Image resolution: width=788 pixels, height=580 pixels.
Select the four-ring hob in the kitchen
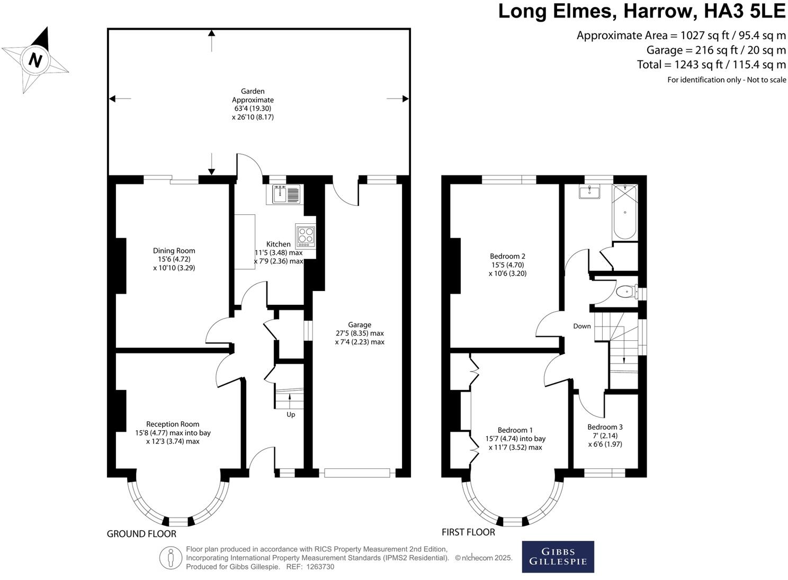click(x=306, y=235)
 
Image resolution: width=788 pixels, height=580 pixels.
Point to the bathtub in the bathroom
click(x=625, y=212)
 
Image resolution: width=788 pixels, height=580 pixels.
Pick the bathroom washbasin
click(x=589, y=192)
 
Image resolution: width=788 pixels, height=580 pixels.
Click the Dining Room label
click(x=174, y=251)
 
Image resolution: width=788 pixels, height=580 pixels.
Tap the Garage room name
click(x=360, y=325)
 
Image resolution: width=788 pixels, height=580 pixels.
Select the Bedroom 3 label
click(x=605, y=427)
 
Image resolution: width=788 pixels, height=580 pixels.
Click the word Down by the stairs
click(x=582, y=326)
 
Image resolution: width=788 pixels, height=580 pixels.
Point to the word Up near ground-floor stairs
click(x=291, y=415)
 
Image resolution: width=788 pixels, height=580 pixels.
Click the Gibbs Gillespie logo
click(x=558, y=557)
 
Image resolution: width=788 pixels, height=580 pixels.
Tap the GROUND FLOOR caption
click(x=141, y=534)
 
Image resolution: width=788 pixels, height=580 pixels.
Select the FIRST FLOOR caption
click(x=468, y=532)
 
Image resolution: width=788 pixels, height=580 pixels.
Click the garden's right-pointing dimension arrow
click(x=398, y=99)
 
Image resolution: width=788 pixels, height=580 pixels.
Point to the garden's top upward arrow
click(x=211, y=41)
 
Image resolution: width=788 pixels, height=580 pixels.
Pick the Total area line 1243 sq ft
click(x=711, y=65)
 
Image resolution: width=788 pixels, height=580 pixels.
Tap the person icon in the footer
click(x=171, y=558)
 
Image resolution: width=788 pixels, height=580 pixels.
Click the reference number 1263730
click(x=320, y=567)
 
